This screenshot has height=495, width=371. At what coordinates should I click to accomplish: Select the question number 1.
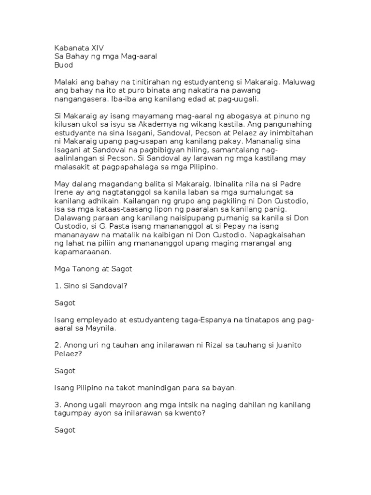(x=57, y=285)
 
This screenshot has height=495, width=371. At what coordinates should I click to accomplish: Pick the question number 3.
(x=57, y=404)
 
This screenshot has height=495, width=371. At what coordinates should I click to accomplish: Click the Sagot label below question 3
(x=65, y=430)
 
